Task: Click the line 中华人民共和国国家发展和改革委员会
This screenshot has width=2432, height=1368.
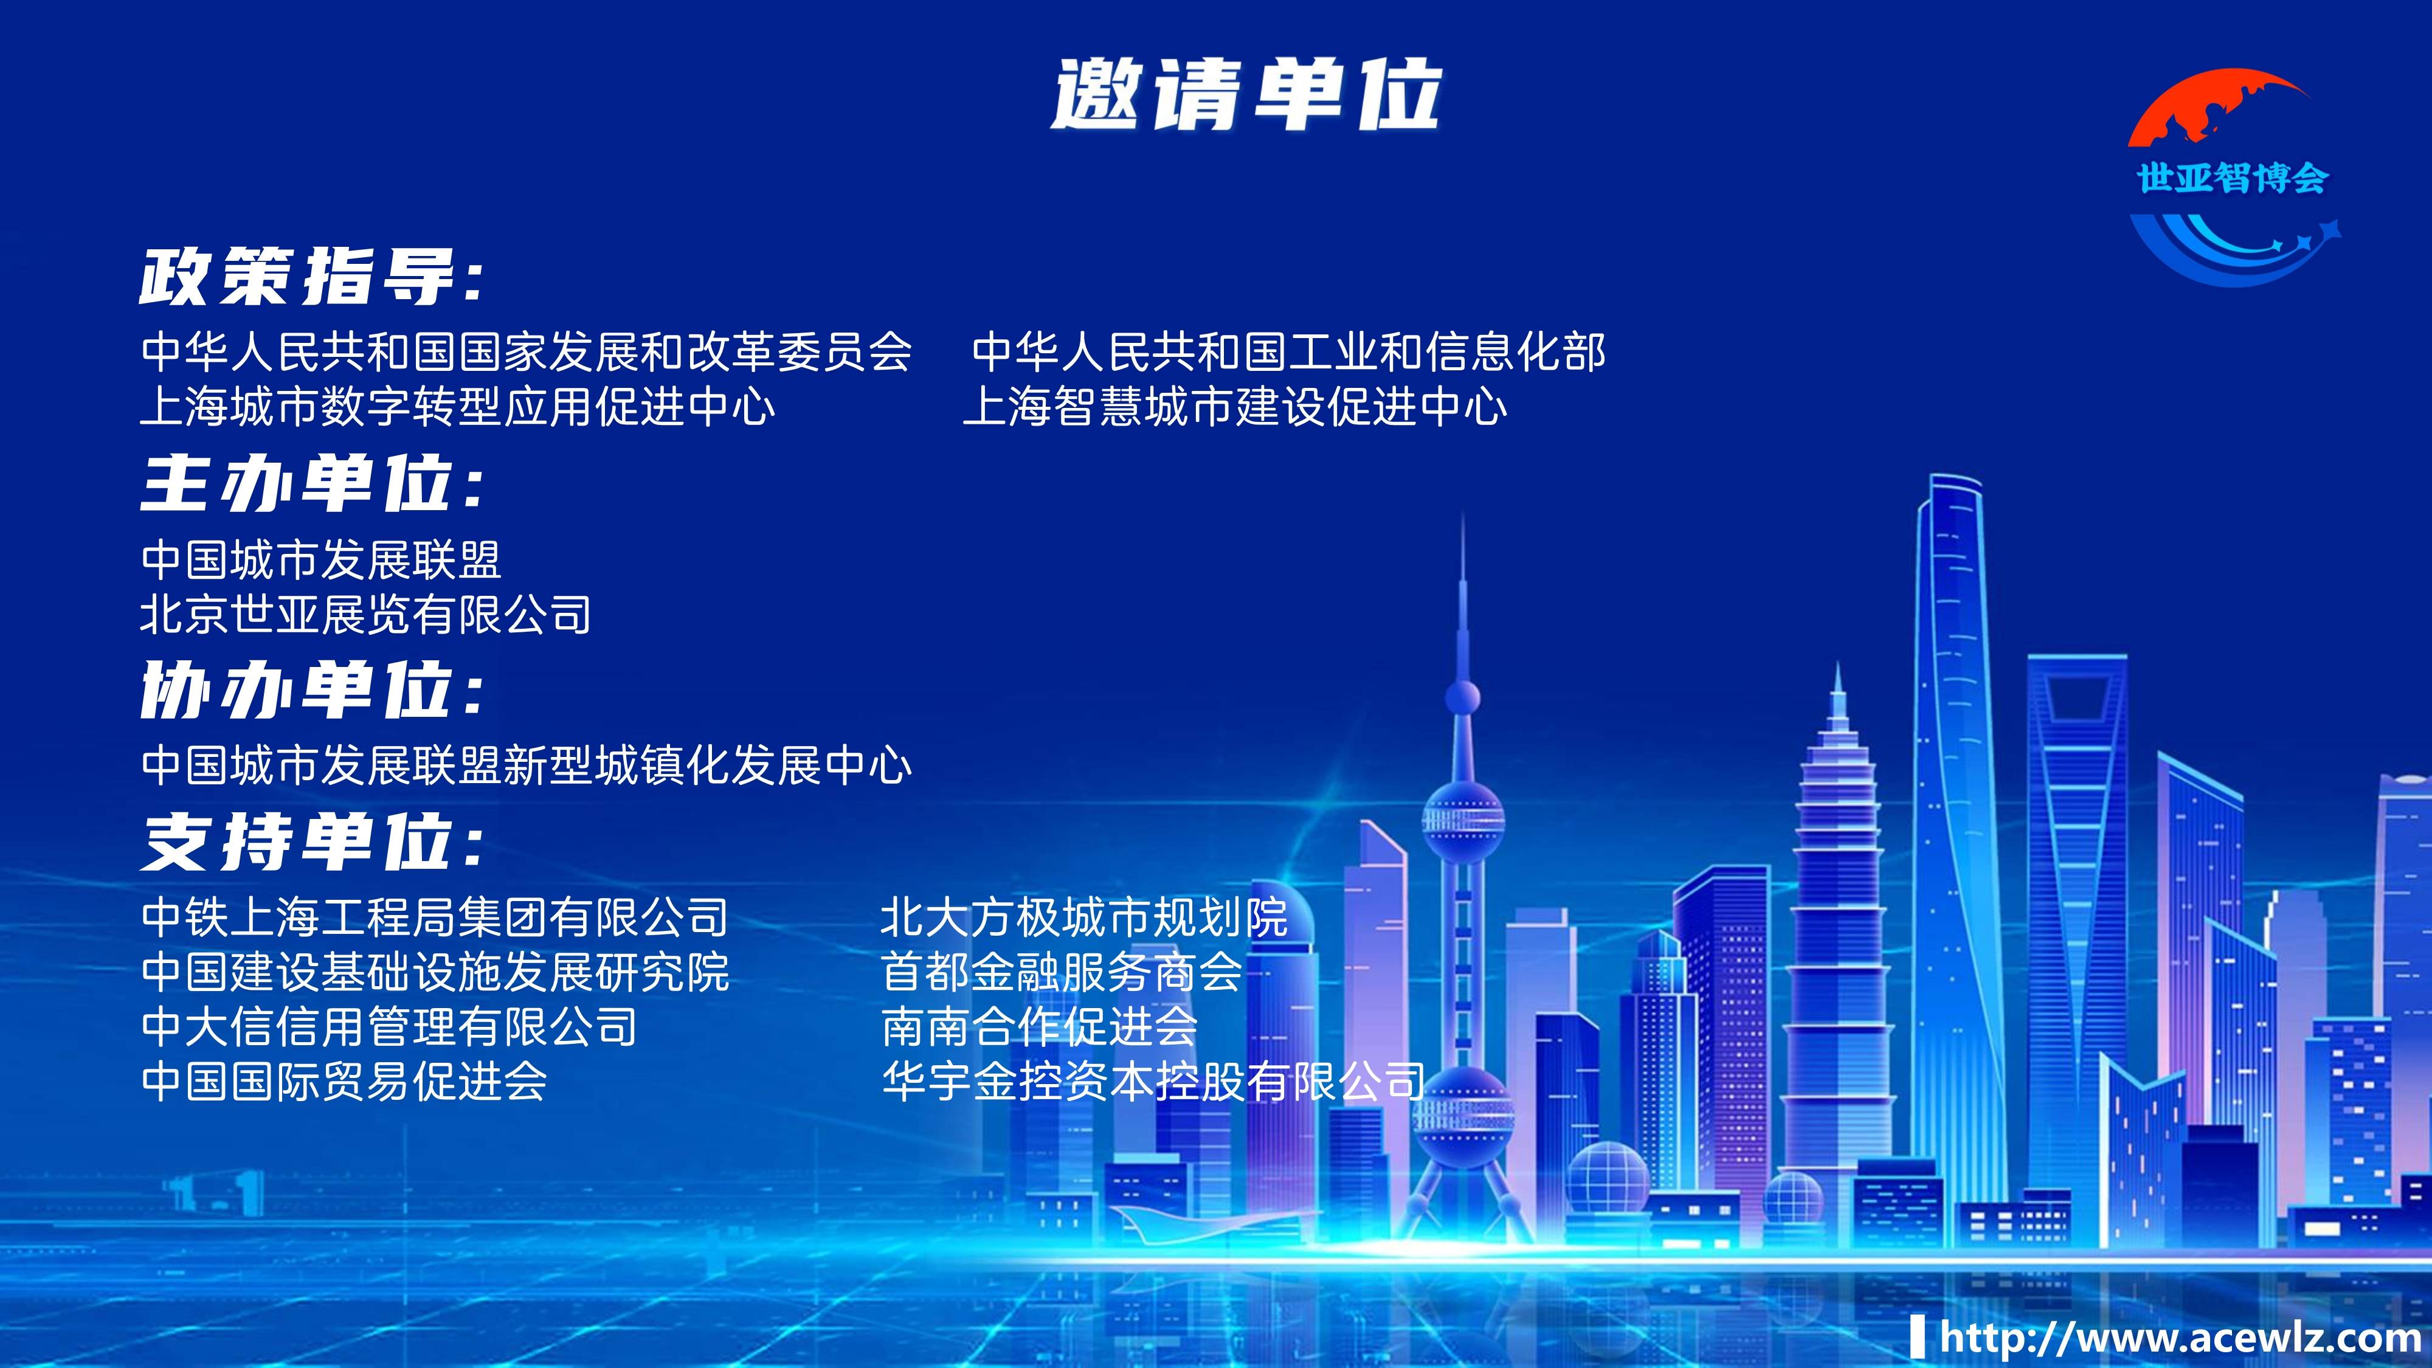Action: [x=526, y=352]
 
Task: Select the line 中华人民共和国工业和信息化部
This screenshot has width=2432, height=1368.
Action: [x=1288, y=352]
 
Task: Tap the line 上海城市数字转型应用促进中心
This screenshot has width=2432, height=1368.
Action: [x=458, y=407]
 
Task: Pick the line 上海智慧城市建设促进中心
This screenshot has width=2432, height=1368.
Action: [x=1234, y=407]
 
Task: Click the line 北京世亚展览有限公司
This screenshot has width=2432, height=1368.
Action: [x=365, y=615]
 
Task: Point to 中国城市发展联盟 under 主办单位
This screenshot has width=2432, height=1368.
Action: [x=321, y=560]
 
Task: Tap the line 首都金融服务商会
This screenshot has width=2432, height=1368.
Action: [x=1061, y=972]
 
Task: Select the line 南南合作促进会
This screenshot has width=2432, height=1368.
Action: [x=1038, y=1026]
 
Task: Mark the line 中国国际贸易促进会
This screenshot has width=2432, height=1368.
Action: [x=344, y=1081]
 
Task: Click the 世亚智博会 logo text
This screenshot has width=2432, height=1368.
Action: [x=2233, y=178]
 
